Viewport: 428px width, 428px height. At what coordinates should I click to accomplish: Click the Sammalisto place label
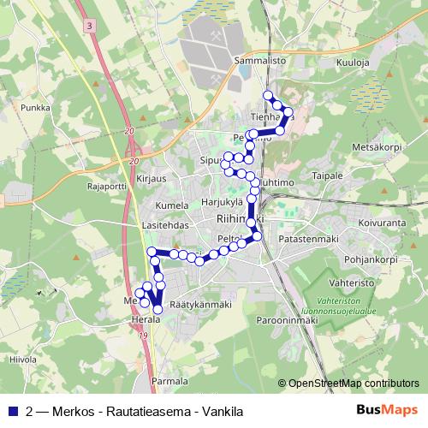pyautogui.click(x=259, y=62)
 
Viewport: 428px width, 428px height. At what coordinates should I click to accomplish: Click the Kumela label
pyautogui.click(x=172, y=206)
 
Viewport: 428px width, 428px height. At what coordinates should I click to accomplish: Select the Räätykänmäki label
pyautogui.click(x=200, y=304)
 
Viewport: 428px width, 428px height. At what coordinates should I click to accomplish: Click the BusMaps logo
pyautogui.click(x=387, y=410)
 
